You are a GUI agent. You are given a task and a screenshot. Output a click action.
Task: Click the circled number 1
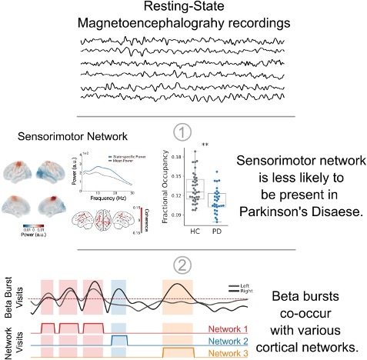tap(182, 132)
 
